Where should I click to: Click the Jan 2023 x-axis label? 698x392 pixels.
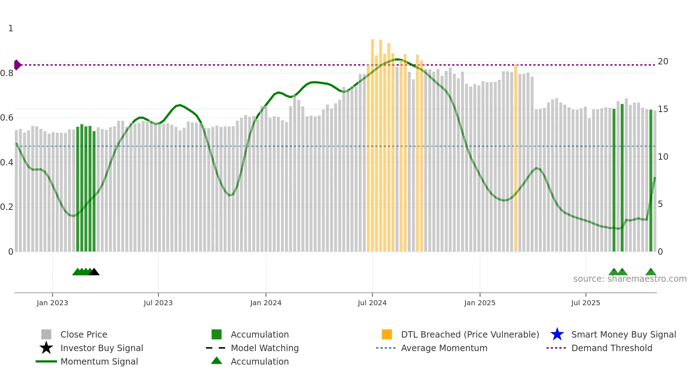52,303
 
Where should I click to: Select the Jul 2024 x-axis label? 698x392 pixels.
372,303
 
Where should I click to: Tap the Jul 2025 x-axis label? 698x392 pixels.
585,303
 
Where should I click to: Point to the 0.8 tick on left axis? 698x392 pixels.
7,73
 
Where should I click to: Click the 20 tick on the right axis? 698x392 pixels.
663,62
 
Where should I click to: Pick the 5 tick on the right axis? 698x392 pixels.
660,204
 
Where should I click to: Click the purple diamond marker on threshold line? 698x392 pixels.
17,65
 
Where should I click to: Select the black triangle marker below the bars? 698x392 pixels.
94,272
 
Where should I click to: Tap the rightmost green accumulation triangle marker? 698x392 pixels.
651,272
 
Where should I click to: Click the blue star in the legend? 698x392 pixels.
557,334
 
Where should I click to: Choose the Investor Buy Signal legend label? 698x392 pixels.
101,348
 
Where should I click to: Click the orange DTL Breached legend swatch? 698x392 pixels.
387,334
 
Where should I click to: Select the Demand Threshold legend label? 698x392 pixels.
611,348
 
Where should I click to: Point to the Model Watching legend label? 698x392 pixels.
265,348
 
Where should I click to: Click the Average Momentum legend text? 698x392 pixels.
444,348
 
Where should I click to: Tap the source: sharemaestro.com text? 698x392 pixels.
630,279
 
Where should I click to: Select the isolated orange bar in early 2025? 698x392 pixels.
516,158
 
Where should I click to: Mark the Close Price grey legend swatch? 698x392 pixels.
46,334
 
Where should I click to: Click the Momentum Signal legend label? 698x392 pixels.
99,361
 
